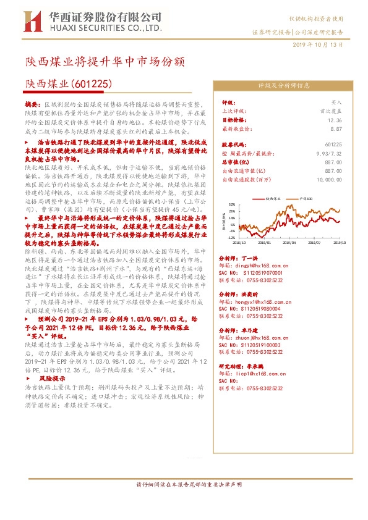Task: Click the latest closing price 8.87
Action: click(x=335, y=129)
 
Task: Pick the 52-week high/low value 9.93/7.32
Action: click(x=328, y=153)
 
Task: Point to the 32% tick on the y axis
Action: click(x=231, y=204)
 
